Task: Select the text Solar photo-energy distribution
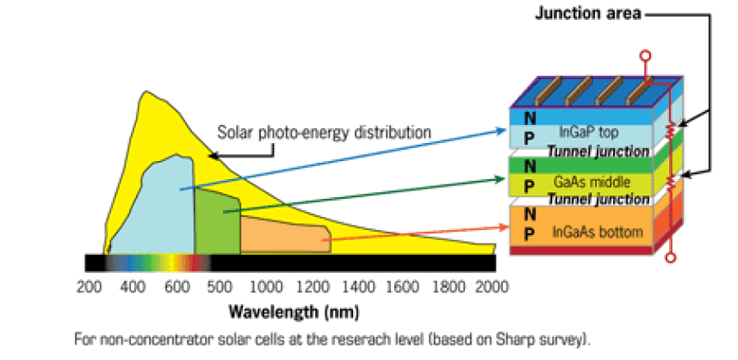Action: (324, 133)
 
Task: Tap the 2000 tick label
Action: (493, 286)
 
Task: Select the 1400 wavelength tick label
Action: (357, 286)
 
